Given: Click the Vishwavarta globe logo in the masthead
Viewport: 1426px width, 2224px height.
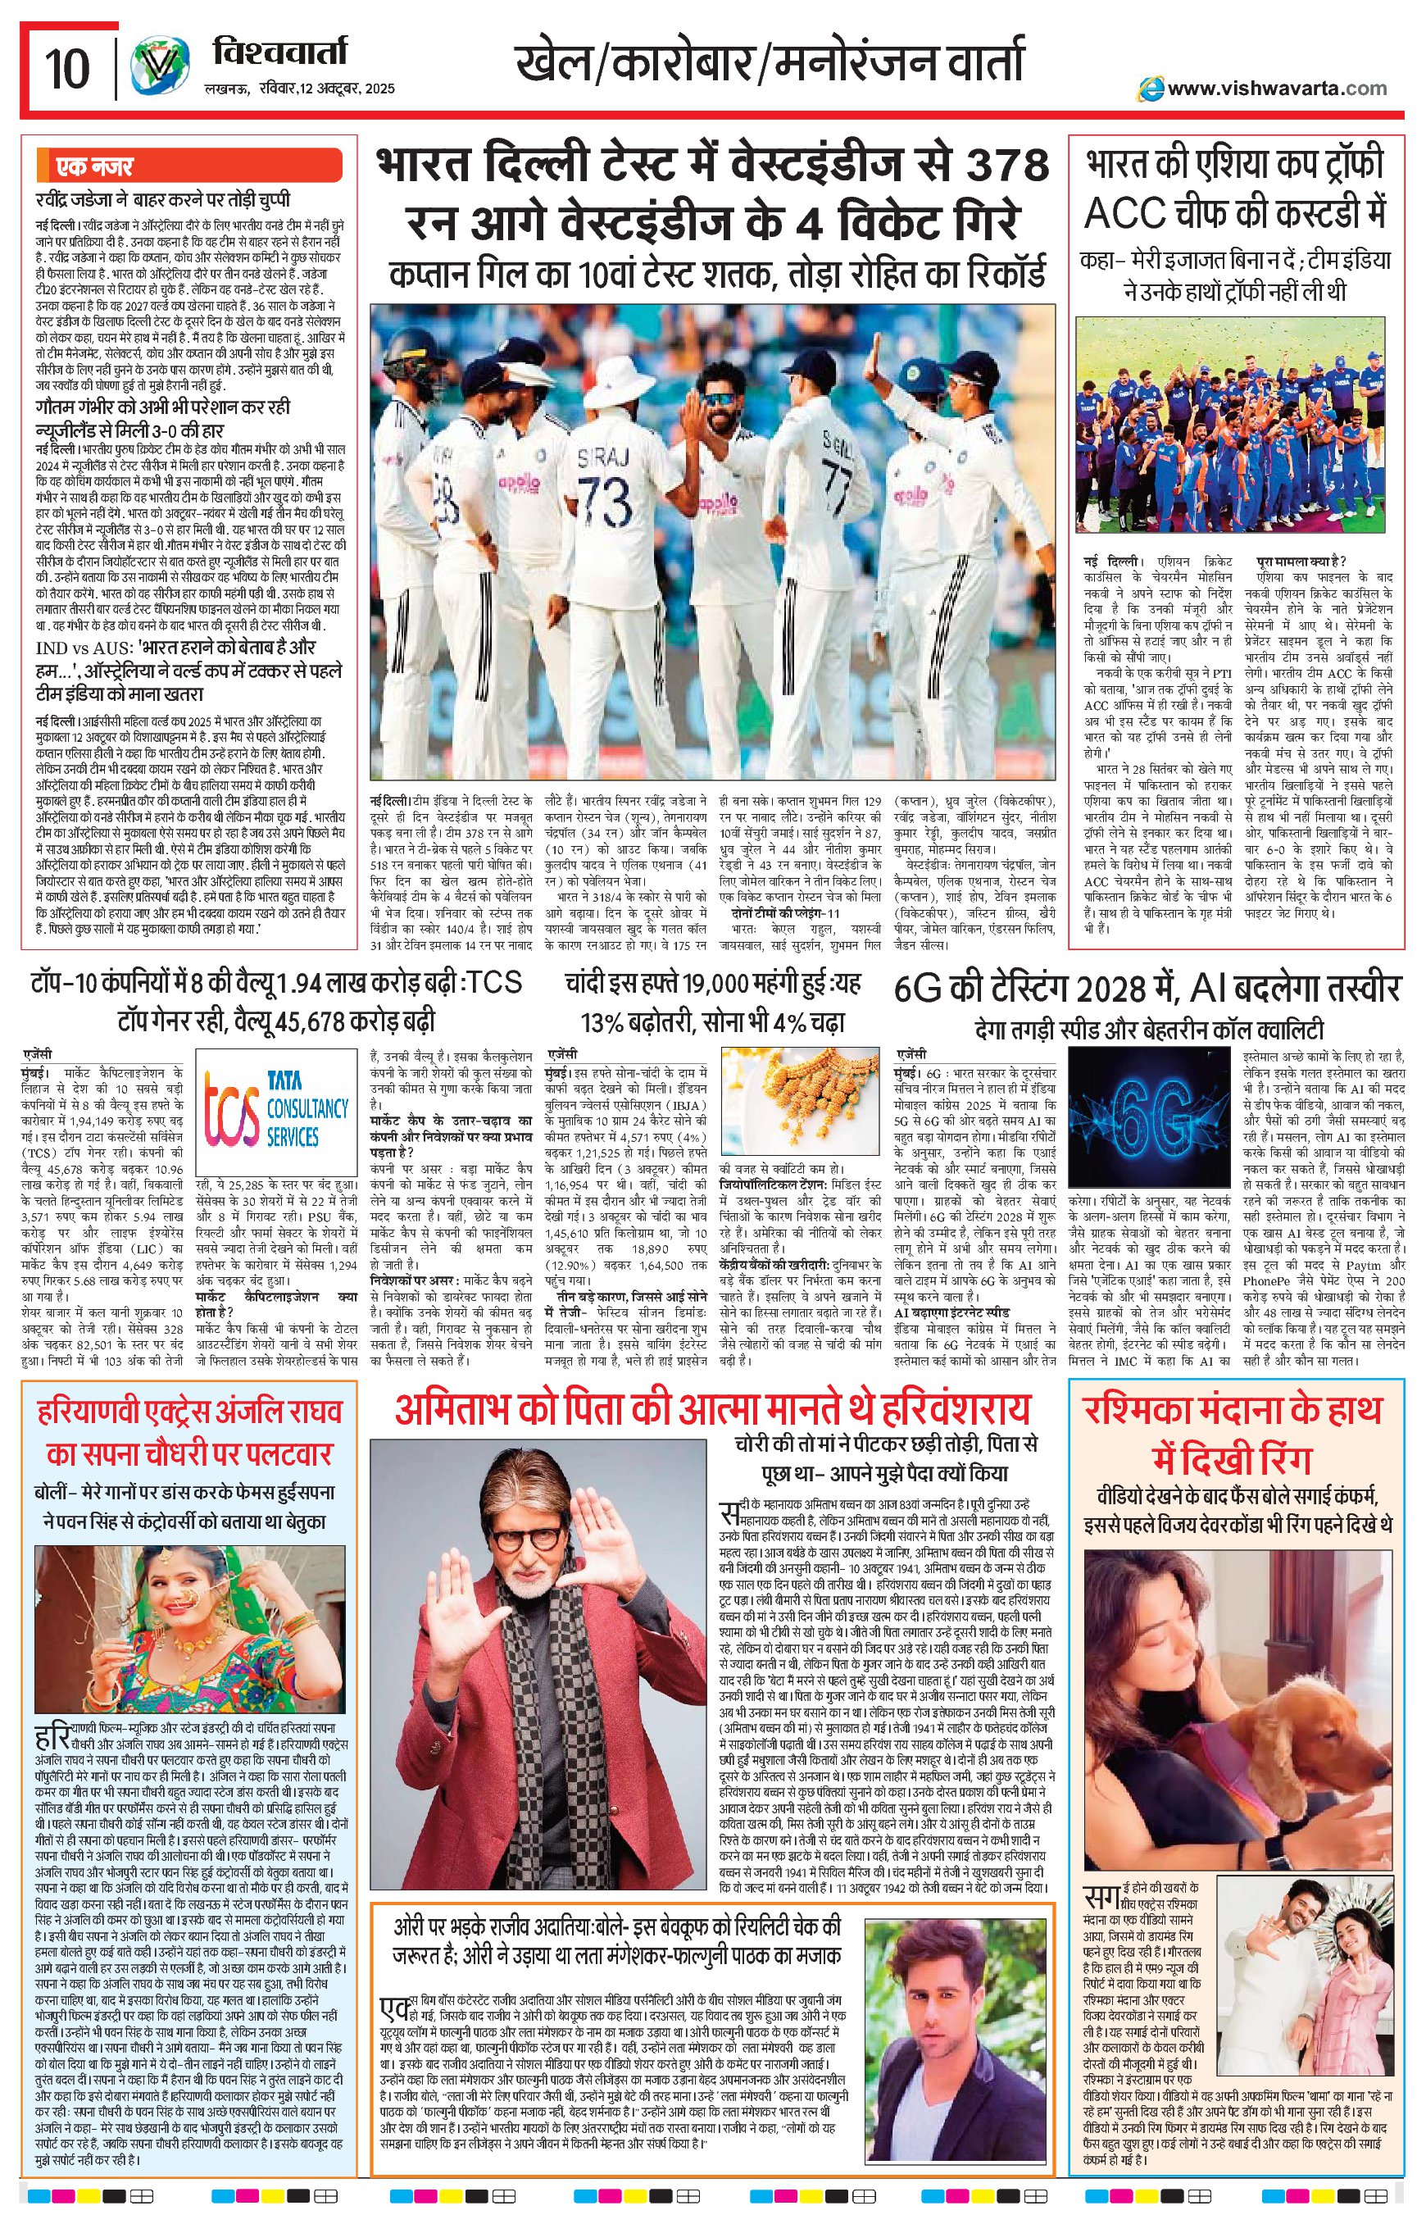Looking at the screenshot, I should point(156,67).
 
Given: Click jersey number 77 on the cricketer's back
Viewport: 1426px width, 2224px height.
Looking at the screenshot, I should point(836,484).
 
